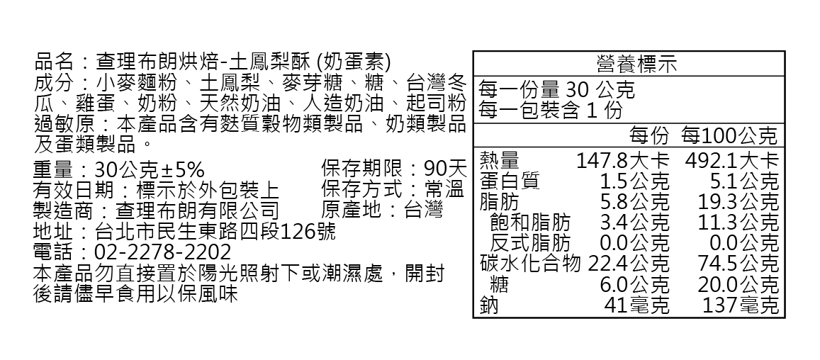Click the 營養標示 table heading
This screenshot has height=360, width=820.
click(x=629, y=64)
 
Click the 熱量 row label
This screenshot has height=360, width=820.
click(x=500, y=160)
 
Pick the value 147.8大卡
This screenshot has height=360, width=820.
click(x=622, y=160)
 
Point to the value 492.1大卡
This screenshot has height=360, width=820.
click(x=731, y=160)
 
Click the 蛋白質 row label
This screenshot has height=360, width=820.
click(x=510, y=181)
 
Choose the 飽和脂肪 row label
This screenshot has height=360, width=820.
click(x=529, y=223)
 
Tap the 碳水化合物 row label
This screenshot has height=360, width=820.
click(x=529, y=264)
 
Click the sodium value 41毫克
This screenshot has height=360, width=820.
click(x=636, y=305)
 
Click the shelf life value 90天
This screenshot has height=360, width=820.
click(x=445, y=170)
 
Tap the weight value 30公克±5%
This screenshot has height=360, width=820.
click(x=149, y=170)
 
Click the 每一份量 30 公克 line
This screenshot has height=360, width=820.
click(x=556, y=91)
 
